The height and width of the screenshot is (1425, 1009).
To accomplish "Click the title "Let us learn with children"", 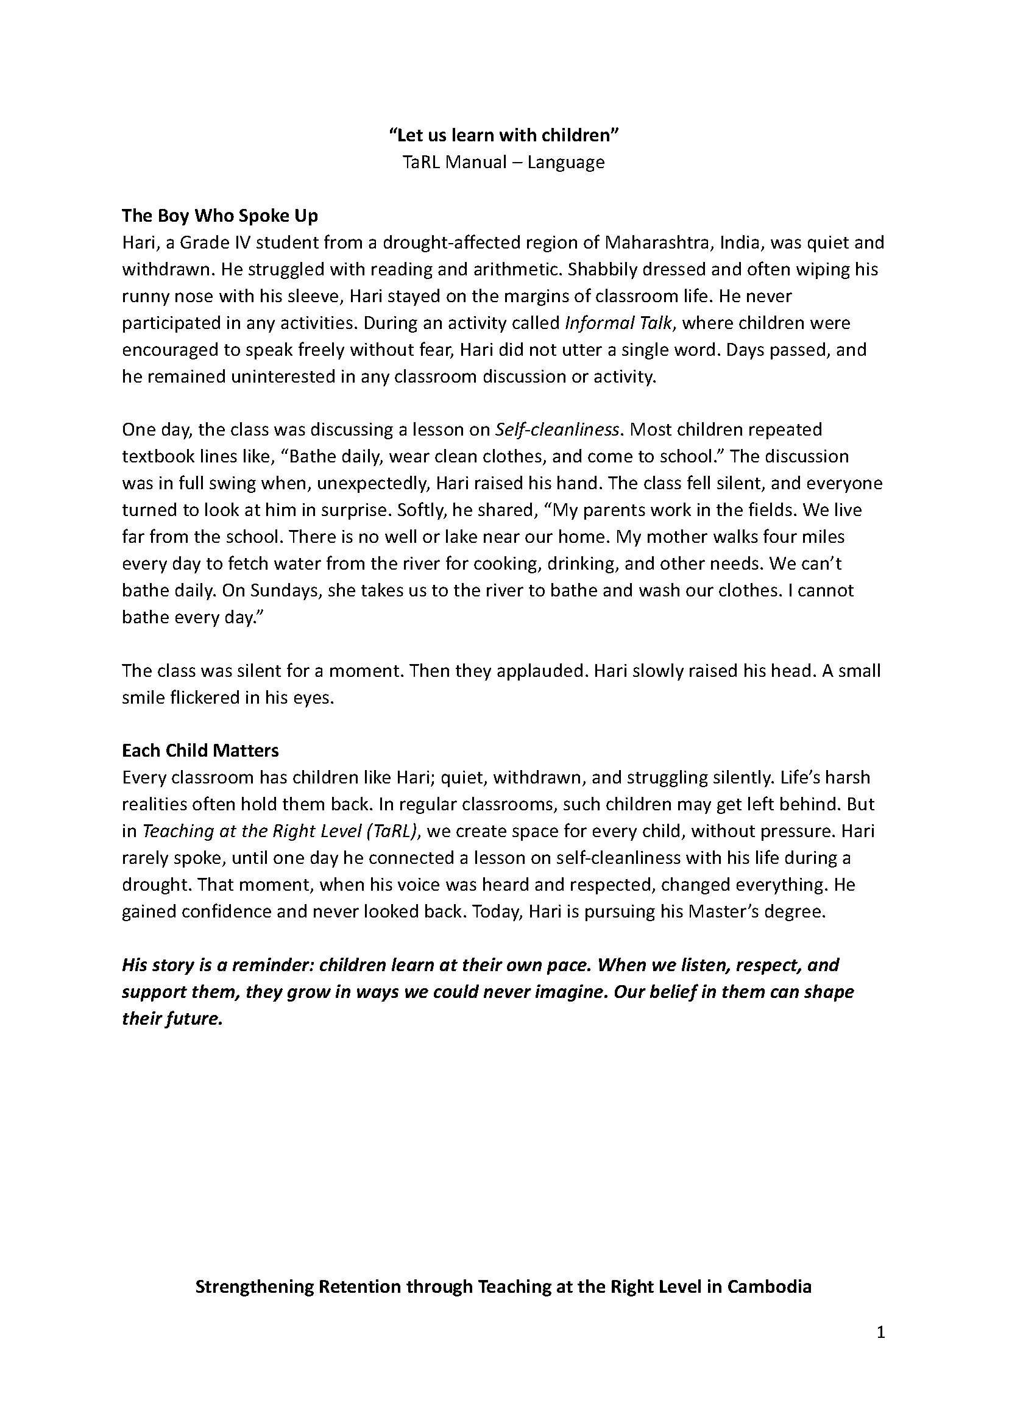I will point(504,135).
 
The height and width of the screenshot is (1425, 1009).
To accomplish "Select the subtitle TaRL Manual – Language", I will point(503,162).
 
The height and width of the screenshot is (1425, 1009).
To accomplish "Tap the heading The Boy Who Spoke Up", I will point(220,216).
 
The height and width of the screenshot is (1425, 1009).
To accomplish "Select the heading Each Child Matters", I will point(200,751).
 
